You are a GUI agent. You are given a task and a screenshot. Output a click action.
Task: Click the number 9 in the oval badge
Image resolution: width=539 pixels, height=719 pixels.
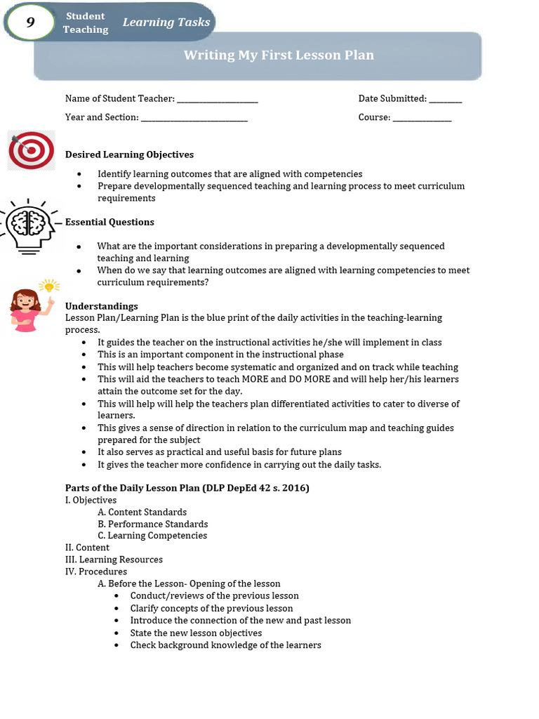pos(30,22)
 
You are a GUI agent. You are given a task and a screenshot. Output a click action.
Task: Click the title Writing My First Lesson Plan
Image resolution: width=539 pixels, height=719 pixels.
pos(279,55)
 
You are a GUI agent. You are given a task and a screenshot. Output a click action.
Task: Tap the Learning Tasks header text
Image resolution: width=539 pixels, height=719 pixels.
pos(166,22)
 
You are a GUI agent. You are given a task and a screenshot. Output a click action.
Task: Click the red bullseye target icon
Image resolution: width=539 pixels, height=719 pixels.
pos(32,150)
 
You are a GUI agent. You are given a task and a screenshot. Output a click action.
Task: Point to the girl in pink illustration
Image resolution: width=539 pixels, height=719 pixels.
pos(27,310)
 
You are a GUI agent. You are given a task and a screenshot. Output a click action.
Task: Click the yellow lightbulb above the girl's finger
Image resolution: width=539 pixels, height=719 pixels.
pos(49,286)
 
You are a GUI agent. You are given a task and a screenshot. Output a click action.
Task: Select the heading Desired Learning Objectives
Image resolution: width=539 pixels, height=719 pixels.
pos(129,154)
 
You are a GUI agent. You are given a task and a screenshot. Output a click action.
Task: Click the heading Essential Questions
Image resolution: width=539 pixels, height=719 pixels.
pos(109,222)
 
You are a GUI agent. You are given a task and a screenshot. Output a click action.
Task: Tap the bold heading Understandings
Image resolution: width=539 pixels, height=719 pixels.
pos(101,306)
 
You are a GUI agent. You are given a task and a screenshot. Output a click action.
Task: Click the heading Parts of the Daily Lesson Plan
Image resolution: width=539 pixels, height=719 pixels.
pos(187,488)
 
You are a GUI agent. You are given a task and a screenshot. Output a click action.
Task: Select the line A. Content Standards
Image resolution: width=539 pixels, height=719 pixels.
pos(142,512)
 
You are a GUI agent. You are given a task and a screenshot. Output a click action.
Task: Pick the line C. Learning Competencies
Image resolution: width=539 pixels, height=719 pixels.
pos(152,536)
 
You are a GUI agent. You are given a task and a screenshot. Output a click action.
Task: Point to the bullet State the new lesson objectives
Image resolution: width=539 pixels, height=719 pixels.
pos(196,633)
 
